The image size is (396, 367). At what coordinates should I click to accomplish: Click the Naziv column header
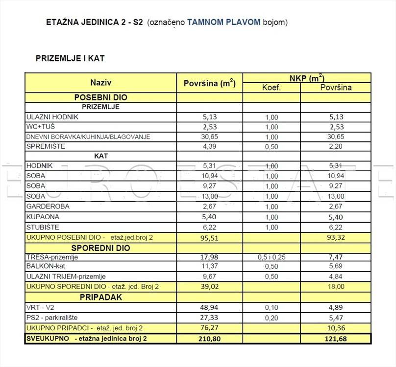(x=101, y=82)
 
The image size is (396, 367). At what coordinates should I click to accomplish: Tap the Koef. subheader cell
(x=271, y=88)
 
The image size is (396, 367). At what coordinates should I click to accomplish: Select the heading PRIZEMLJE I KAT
(x=70, y=58)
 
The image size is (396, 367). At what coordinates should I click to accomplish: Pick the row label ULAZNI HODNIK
(x=52, y=117)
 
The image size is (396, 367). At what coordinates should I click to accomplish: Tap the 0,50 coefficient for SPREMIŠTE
(x=271, y=147)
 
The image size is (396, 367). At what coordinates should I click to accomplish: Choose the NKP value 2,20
(x=336, y=147)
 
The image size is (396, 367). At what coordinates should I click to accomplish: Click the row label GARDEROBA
(x=48, y=206)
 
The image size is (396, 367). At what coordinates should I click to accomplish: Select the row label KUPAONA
(x=43, y=216)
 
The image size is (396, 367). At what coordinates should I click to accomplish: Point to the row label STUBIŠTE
(x=43, y=227)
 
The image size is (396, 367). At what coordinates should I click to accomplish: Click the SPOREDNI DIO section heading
(x=101, y=248)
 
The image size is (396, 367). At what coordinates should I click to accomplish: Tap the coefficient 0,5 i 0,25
(x=271, y=257)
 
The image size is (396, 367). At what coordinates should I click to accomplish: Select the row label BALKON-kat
(x=48, y=267)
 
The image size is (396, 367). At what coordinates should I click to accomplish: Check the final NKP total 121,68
(x=336, y=339)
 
